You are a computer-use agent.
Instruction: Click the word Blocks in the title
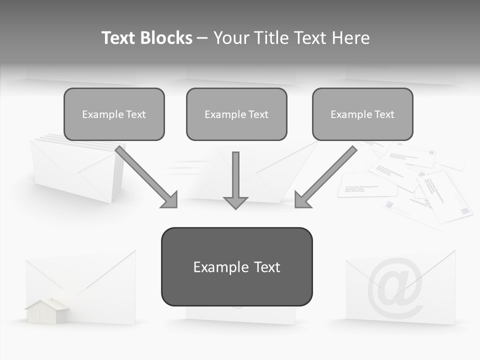[166, 38]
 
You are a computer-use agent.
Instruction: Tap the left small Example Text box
[114, 114]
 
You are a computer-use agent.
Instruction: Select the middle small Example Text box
[236, 114]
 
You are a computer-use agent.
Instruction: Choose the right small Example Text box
[362, 114]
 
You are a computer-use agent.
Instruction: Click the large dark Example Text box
[236, 266]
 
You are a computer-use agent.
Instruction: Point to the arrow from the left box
[145, 175]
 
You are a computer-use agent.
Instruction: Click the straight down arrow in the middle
[235, 177]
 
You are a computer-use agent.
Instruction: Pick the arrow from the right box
[327, 175]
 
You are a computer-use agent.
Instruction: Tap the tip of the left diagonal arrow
[176, 206]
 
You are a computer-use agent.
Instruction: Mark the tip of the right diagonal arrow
[296, 206]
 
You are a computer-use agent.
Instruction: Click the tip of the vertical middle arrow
[235, 207]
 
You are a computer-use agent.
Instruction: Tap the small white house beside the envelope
[47, 311]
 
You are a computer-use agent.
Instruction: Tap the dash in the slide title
[202, 38]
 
